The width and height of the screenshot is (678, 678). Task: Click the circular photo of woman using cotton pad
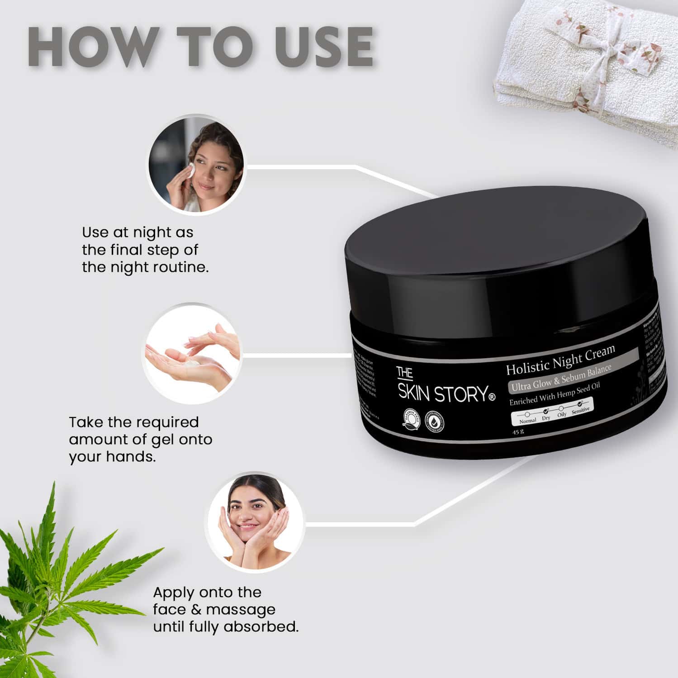point(196,163)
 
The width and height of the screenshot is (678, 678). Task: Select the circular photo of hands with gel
point(192,353)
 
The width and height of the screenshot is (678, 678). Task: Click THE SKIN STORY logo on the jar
point(441,387)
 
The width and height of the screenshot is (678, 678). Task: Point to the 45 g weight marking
point(518,431)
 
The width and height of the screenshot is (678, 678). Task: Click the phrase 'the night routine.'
point(145,267)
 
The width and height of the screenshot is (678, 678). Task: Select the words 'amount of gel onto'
point(140,439)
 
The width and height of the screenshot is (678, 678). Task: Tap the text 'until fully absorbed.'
point(226,627)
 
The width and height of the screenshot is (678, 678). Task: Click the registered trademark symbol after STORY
point(492,398)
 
